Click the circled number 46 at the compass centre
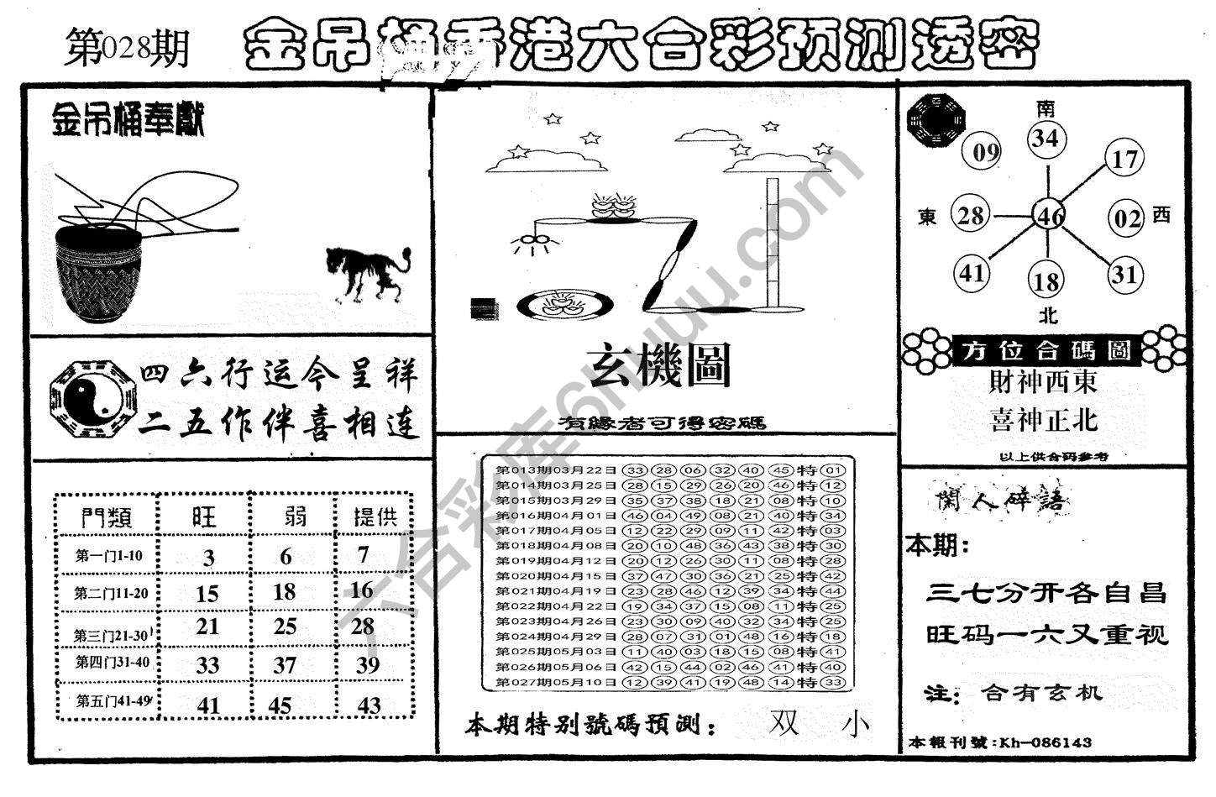(x=1050, y=216)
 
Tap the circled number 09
(x=986, y=152)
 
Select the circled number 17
(x=1124, y=158)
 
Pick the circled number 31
(x=1124, y=274)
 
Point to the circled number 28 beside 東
(x=971, y=215)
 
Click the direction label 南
(x=1046, y=107)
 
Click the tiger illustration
(x=366, y=273)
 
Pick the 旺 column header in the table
(x=204, y=516)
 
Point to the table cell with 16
(x=361, y=590)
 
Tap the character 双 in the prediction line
(x=784, y=723)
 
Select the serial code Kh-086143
(x=1045, y=742)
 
